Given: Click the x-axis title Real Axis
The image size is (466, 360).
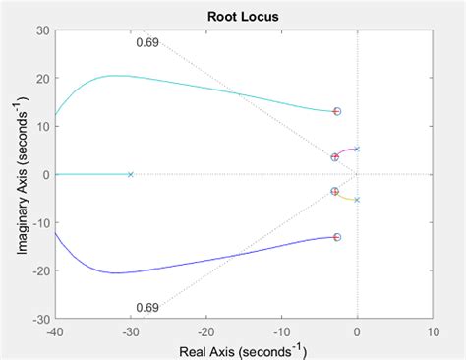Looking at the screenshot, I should (243, 350).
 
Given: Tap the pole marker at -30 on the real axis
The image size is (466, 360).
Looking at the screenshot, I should (130, 174).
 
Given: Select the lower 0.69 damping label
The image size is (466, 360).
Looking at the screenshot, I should (147, 308).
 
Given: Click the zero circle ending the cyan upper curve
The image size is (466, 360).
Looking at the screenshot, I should (336, 112).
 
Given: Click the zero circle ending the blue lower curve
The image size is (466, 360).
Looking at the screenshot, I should (336, 237).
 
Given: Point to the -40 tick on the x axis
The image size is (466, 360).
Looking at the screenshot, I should (54, 331).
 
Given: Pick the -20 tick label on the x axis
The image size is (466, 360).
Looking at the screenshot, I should (204, 331).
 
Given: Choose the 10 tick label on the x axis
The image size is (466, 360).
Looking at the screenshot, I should (433, 331).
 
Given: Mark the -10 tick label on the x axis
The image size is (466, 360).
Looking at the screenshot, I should (280, 331).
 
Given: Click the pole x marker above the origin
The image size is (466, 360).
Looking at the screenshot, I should (356, 150).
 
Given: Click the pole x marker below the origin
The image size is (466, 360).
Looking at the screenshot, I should (356, 200).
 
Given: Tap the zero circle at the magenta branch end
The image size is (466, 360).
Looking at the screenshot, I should (334, 157).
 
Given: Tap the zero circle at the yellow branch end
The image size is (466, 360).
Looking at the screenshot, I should (334, 192).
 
